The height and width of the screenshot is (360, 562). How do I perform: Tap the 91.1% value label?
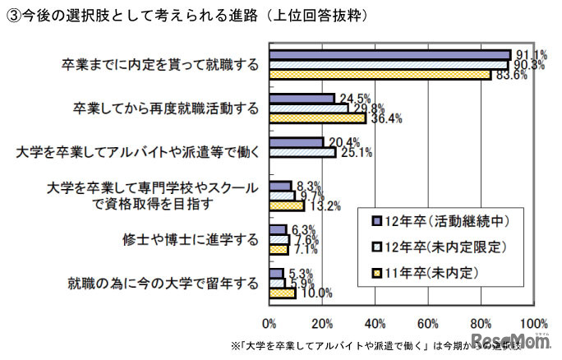pos(527,53)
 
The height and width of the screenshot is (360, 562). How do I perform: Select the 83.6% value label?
pos(509,76)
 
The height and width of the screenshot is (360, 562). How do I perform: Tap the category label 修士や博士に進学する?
pos(190,239)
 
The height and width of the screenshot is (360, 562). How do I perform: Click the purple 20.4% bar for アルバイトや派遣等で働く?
pos(296,141)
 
